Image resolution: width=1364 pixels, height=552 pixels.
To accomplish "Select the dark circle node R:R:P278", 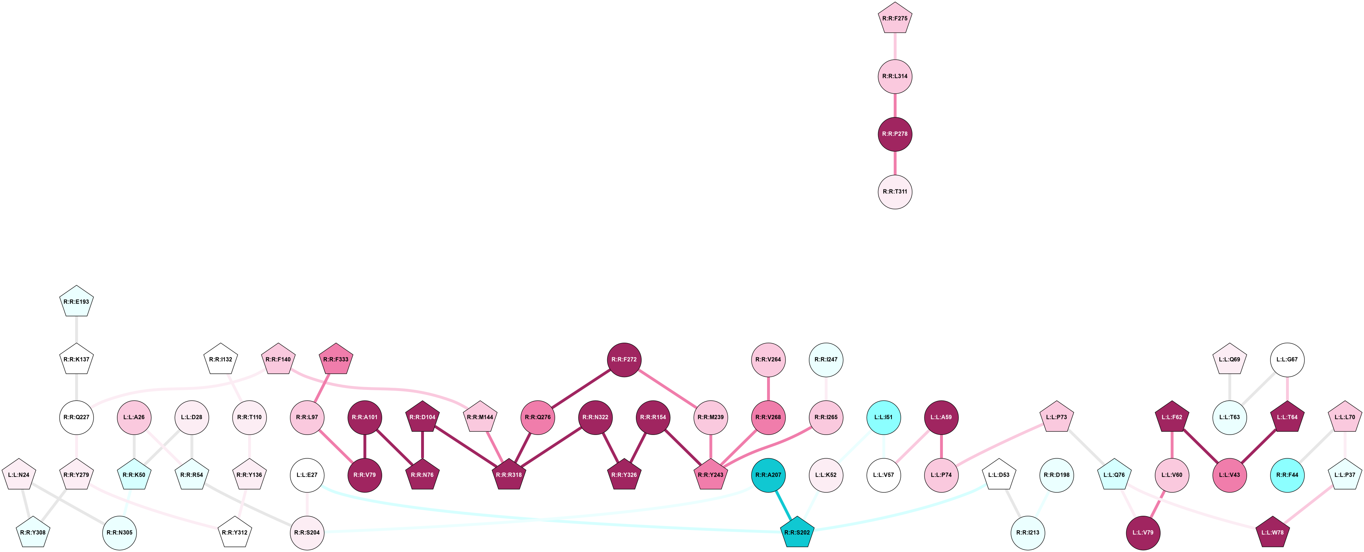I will point(895,134).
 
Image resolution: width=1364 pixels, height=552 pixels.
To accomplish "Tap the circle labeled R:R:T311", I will point(895,192).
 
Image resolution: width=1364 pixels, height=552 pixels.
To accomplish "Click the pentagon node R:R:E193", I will point(77,302).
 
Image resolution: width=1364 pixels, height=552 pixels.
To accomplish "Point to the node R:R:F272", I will point(624,360).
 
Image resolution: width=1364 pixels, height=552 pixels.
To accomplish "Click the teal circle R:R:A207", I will point(768,475).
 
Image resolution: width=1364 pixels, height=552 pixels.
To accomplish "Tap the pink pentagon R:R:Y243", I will point(711,475).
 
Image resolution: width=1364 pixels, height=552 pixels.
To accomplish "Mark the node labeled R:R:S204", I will point(307,532).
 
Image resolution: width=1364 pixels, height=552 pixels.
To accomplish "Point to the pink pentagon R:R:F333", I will point(336,360).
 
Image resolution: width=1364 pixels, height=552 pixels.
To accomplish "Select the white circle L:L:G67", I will point(1287,360).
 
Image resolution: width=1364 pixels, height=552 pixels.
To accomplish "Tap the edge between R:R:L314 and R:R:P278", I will point(895,105).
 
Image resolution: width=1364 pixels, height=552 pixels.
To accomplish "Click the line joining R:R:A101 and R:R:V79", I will point(365,446).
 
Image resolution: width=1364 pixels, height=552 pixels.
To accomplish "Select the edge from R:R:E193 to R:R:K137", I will point(77,331).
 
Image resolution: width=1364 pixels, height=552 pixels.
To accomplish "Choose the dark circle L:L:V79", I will point(1143,532).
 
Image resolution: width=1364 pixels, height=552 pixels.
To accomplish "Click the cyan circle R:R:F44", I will point(1287,475).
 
